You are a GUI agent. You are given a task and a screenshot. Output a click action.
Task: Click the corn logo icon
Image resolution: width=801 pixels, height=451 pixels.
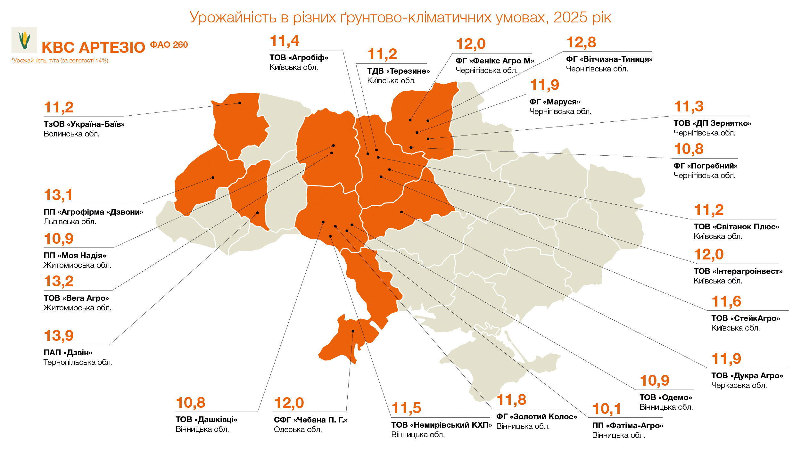tap(24, 40)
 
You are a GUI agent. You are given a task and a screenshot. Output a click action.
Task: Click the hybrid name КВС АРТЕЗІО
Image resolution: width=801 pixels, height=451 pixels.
tap(93, 48)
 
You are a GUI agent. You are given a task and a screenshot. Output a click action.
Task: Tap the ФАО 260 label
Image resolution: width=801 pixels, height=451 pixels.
tap(169, 45)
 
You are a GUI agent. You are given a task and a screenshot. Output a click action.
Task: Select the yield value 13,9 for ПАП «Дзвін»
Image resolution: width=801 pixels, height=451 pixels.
tap(59, 336)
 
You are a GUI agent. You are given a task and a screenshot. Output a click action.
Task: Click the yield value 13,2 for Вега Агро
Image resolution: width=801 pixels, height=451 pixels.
tap(59, 281)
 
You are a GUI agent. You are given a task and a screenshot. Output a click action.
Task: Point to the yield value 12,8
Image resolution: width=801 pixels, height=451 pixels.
tap(581, 42)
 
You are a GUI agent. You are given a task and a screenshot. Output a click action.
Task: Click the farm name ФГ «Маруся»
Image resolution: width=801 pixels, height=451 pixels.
tap(555, 102)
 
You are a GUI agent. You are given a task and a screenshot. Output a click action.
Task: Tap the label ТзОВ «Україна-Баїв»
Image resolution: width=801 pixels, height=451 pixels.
tap(84, 124)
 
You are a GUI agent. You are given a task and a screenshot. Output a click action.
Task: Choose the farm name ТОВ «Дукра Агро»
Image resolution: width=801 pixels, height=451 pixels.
tap(747, 376)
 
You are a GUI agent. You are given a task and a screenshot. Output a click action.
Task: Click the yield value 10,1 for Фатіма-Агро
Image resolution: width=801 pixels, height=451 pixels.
tap(607, 409)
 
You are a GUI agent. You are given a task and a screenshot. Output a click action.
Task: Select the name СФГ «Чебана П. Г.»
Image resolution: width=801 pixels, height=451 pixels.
tap(310, 420)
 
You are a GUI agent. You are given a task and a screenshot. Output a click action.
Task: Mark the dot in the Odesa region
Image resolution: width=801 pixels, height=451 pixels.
tap(353, 331)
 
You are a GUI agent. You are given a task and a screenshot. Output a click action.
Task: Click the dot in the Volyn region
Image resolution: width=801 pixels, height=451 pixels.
tap(240, 103)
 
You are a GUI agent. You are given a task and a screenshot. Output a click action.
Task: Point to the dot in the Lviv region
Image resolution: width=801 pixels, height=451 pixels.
tap(213, 177)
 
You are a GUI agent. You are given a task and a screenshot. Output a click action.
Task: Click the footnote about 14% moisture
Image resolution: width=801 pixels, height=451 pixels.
tap(60, 61)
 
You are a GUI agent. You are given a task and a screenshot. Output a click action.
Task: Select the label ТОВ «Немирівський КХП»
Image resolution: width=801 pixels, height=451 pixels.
tap(441, 425)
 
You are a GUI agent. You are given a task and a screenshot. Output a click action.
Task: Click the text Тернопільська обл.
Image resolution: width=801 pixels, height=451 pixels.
tap(78, 362)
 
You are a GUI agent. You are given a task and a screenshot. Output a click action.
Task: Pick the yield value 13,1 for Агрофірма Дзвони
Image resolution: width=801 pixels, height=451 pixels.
tap(58, 195)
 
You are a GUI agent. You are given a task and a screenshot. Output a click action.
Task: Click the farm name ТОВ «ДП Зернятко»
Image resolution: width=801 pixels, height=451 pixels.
tap(712, 123)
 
